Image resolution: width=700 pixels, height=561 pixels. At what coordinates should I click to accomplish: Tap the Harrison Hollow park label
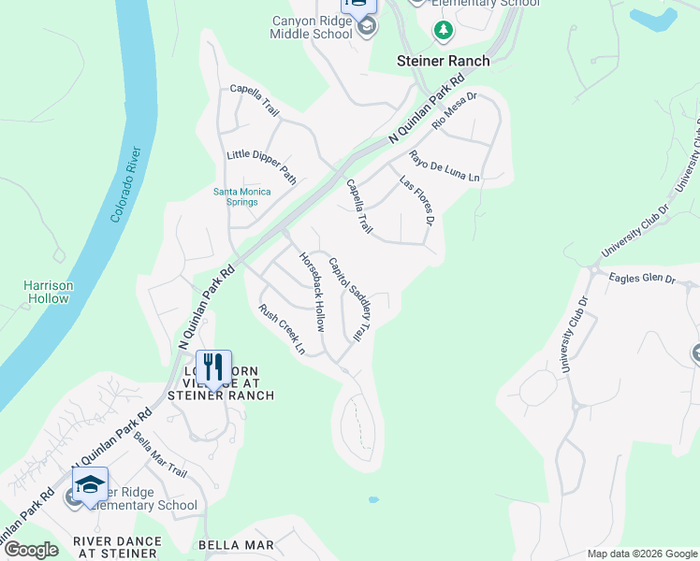click(x=48, y=292)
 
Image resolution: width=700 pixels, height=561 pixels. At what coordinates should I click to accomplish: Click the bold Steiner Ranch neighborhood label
click(x=443, y=61)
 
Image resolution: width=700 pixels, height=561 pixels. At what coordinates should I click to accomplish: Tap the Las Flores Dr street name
click(x=416, y=200)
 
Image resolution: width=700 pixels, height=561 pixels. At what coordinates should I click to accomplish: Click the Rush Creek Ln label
click(x=282, y=329)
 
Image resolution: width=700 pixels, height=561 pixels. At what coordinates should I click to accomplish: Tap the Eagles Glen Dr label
click(x=642, y=278)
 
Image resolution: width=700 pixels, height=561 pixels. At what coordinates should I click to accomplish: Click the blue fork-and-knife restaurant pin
click(x=213, y=367)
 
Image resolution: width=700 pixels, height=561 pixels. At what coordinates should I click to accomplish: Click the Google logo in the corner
click(x=30, y=550)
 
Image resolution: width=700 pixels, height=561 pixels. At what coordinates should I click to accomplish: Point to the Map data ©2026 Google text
click(x=642, y=554)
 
